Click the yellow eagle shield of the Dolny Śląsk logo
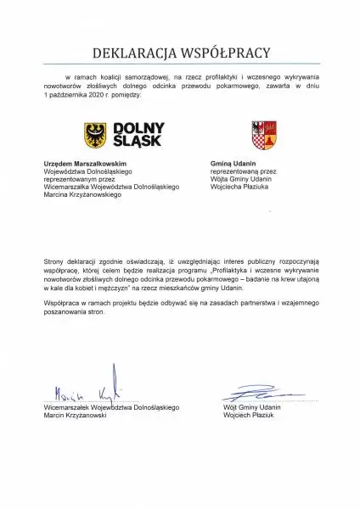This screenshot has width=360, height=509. (95, 135)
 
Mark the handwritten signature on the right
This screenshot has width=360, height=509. (255, 394)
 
